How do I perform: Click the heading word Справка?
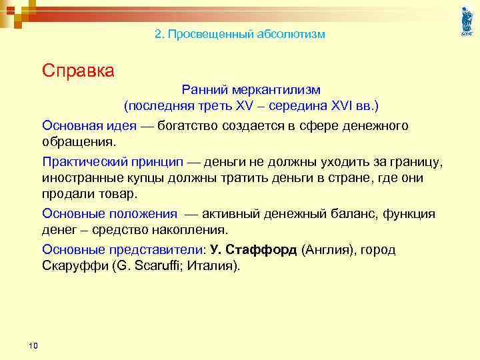click(x=78, y=70)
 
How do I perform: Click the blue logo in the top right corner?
click(x=466, y=21)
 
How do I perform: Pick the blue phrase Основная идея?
click(x=89, y=126)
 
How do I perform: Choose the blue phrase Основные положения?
click(x=110, y=214)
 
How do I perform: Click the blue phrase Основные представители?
click(x=121, y=250)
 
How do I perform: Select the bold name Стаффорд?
click(x=261, y=250)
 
